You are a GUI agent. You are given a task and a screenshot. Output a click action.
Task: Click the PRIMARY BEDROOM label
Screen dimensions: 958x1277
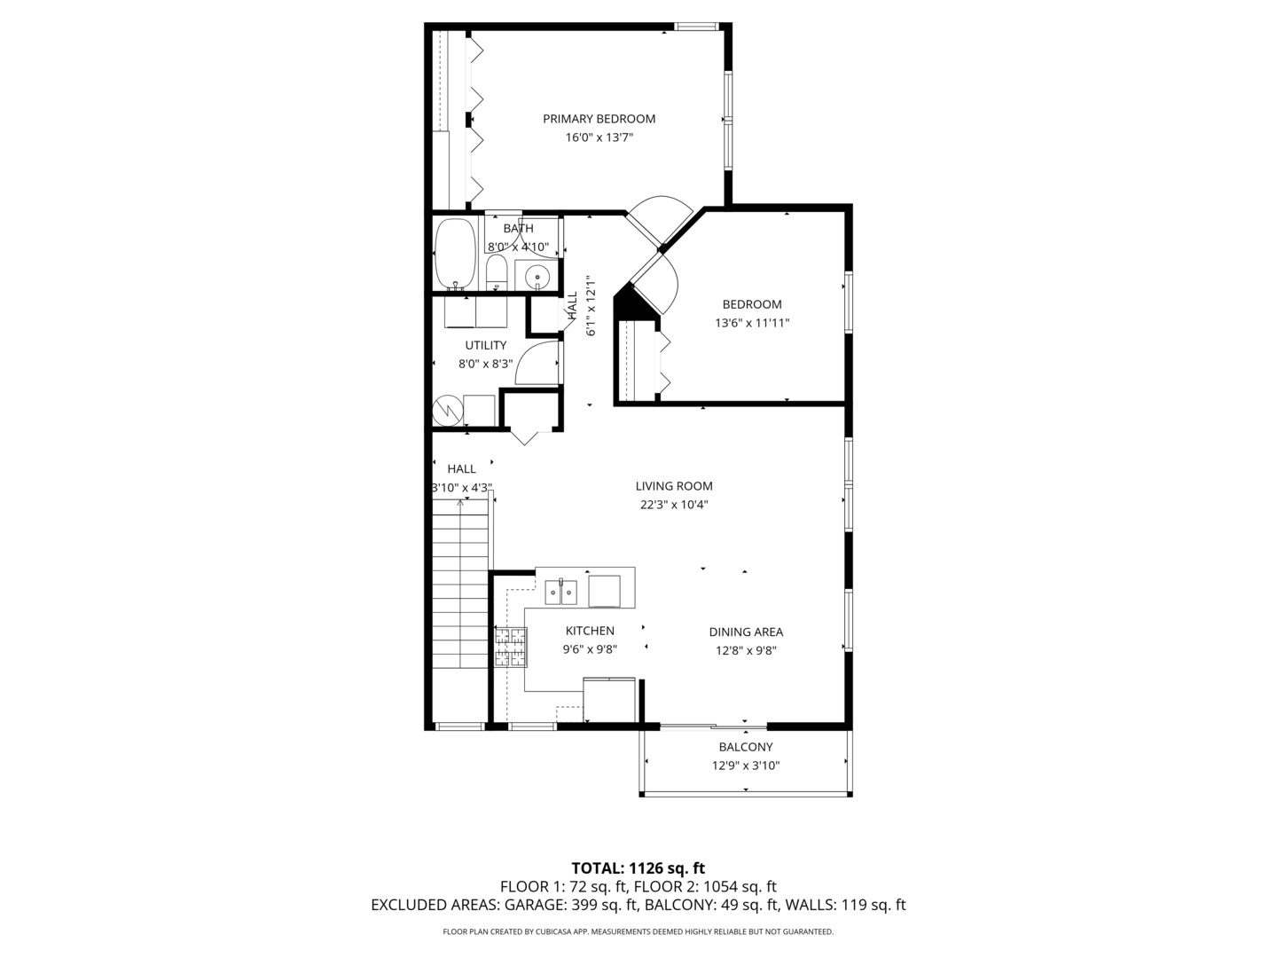coord(599,119)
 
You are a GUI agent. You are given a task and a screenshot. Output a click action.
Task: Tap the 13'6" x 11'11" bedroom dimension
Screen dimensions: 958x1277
coord(752,324)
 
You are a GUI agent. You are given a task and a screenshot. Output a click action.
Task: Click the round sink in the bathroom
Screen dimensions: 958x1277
coord(537,277)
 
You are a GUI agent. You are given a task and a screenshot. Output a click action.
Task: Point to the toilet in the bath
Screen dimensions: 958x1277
coord(496,271)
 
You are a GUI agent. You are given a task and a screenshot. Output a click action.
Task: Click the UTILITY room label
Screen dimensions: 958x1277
coord(486,345)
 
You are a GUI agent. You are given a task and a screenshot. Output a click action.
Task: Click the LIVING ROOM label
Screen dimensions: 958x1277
coord(674,486)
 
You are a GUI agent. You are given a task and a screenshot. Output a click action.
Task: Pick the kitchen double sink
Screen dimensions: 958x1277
coord(560,591)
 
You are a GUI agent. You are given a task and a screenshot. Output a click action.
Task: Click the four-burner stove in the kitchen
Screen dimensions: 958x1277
coord(511,647)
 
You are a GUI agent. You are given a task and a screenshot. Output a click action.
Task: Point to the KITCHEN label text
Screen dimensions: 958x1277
coord(590,631)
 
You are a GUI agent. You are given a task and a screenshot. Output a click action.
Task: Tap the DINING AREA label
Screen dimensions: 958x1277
coord(746,632)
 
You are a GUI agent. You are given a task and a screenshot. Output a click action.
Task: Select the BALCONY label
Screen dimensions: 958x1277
coord(746,747)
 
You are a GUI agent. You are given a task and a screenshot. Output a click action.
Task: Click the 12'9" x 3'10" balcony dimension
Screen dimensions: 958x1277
coord(746,766)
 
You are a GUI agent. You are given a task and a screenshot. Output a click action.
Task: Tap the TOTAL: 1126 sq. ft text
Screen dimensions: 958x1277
coord(638,868)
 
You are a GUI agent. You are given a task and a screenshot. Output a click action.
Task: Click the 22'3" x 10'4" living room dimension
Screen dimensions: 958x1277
coord(674,506)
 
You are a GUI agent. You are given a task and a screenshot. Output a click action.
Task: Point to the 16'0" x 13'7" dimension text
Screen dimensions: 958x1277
coord(599,137)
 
